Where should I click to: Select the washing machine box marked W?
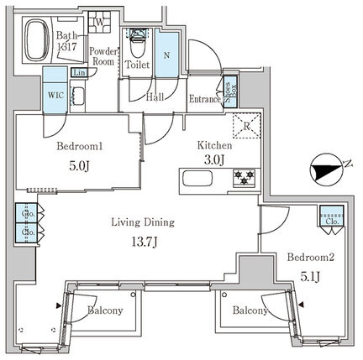pos(99,22)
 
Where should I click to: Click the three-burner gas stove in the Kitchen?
pos(245,178)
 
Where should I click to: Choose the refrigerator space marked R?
pos(247,126)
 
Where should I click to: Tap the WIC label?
pos(55,95)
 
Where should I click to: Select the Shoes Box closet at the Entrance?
pos(231,91)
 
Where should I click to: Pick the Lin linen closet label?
pos(78,73)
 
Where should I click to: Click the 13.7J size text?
pos(144,242)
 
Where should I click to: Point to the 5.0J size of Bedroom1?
pos(79,166)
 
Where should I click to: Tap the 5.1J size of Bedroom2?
pos(310,277)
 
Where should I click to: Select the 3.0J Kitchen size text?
pos(213,160)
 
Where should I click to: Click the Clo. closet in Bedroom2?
pos(332,216)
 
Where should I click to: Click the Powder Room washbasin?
pos(78,97)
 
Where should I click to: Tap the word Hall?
pos(155,97)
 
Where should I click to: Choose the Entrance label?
pos(205,99)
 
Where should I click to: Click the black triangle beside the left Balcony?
pos(59,305)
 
